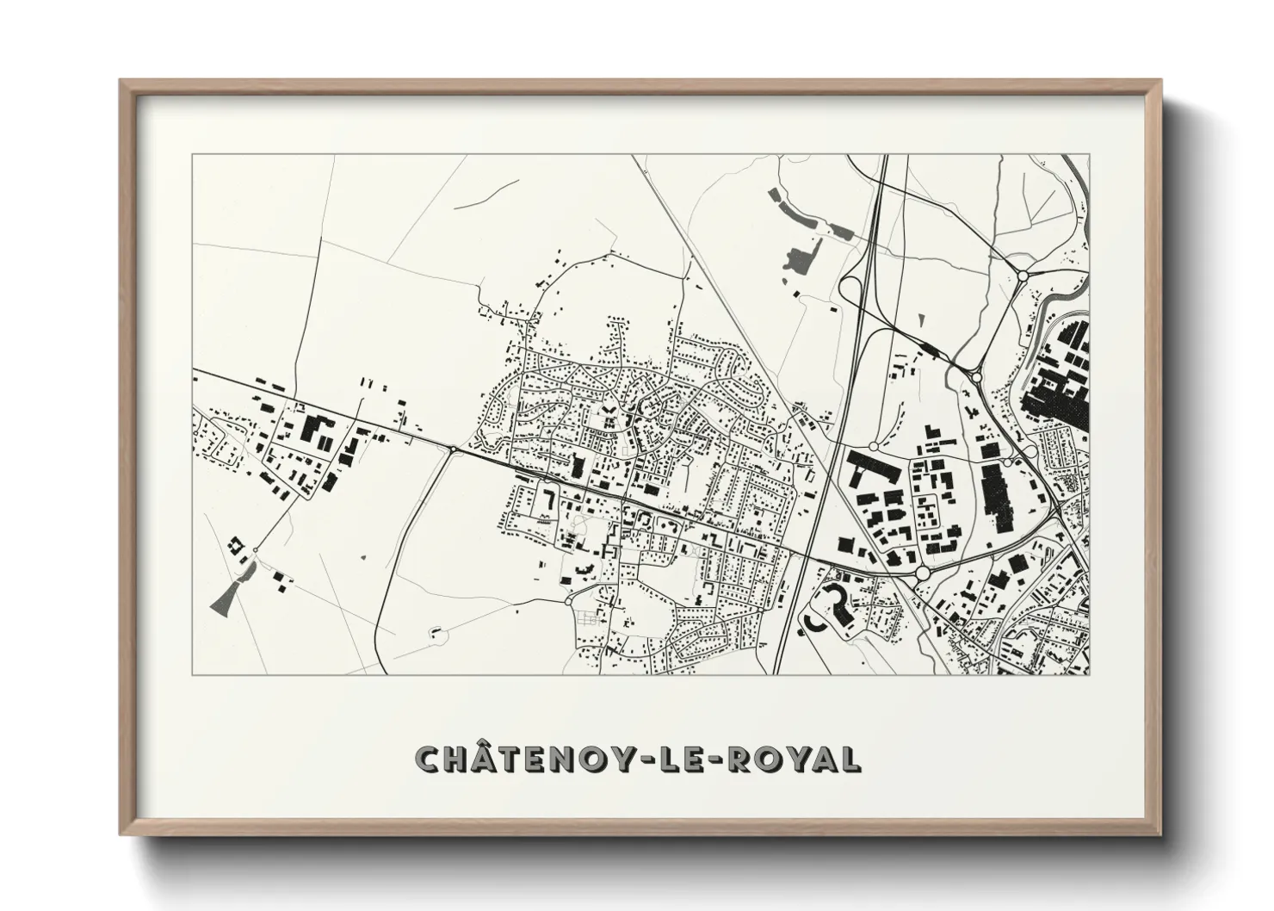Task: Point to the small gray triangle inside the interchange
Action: pos(921,320)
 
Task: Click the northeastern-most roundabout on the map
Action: pos(1023,276)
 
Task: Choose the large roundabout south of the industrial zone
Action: pos(923,572)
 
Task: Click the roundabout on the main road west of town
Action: pos(453,448)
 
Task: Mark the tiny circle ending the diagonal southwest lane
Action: pos(255,549)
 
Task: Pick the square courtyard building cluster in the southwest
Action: pos(234,544)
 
